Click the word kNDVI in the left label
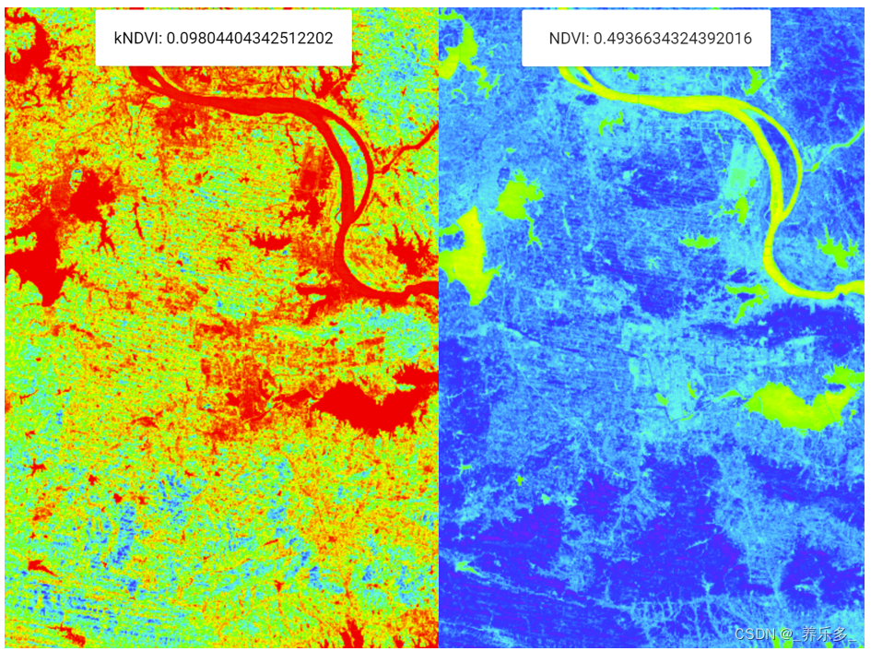[x=137, y=39]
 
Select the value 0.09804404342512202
[x=250, y=39]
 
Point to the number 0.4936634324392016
[x=673, y=39]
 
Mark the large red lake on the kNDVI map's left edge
[x=32, y=258]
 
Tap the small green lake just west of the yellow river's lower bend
[x=700, y=243]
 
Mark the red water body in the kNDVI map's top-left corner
[x=28, y=46]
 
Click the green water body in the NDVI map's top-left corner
[x=461, y=46]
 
